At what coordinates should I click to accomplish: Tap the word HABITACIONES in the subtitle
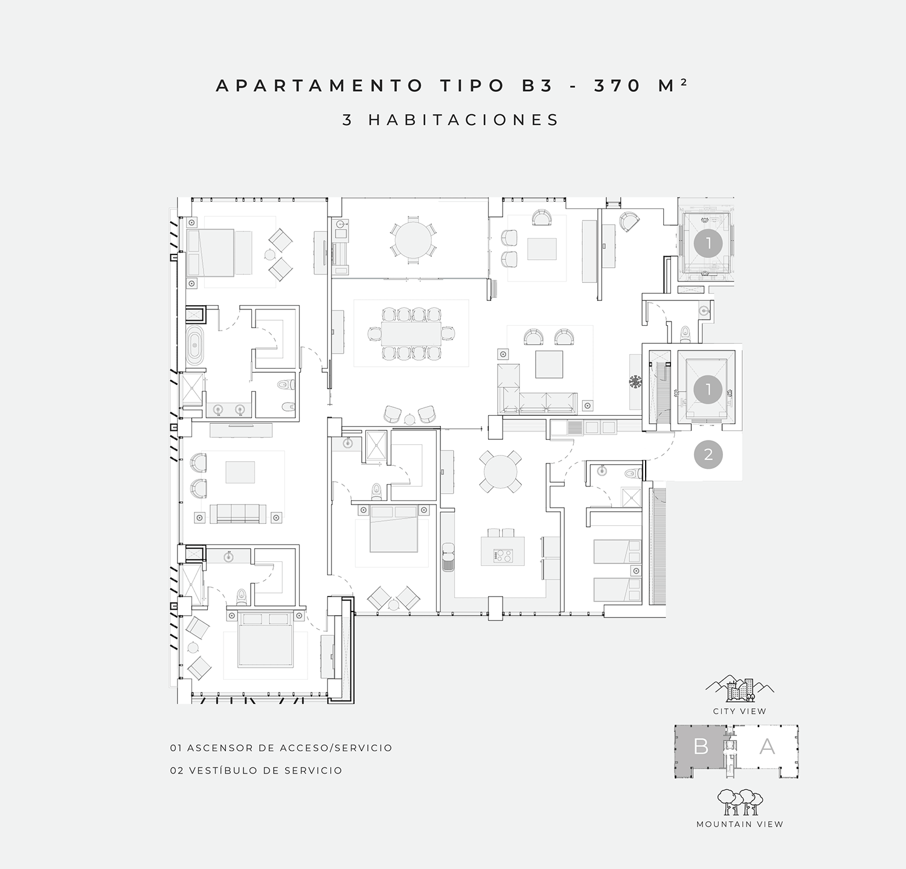(464, 120)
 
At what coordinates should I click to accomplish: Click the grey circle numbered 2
(708, 454)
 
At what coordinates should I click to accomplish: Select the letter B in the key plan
(701, 746)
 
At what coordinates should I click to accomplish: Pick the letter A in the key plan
(767, 746)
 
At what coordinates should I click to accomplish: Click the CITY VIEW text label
(739, 711)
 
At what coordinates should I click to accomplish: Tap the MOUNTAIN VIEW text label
(739, 824)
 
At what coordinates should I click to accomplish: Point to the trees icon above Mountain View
(740, 802)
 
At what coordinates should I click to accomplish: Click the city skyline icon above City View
(740, 689)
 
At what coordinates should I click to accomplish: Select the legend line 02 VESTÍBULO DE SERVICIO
(256, 770)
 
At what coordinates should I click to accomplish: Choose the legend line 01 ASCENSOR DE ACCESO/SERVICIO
(281, 748)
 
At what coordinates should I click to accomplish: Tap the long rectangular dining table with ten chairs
(411, 334)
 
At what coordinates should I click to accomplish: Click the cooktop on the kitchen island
(503, 555)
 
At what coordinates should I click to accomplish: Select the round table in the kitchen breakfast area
(501, 471)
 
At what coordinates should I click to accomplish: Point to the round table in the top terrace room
(413, 241)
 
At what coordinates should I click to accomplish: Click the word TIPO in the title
(472, 86)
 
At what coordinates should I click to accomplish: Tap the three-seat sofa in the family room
(238, 514)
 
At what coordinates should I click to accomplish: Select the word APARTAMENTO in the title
(319, 86)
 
